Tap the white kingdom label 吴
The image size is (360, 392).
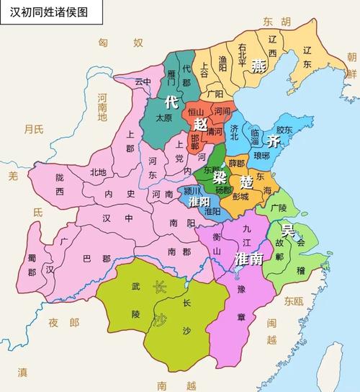point(288,231)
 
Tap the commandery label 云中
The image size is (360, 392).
point(144,82)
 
